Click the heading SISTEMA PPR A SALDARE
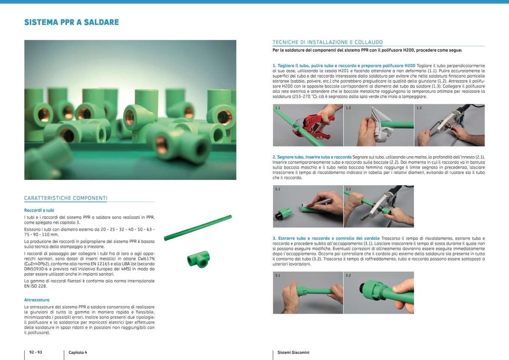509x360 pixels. coord(72,22)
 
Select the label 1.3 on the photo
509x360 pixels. coord(419,108)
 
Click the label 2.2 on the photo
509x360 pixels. coord(348,189)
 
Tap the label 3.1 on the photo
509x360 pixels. coord(278,276)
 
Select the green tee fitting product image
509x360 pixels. coord(198,259)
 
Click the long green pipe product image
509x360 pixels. coord(198,228)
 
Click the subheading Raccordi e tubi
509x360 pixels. coord(39,210)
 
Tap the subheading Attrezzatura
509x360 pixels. coord(37,300)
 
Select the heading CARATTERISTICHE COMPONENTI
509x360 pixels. coord(66,198)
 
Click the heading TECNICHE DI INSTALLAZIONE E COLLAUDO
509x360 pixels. coord(328,42)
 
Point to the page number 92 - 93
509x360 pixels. coord(36,352)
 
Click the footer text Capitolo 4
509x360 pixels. coord(78,352)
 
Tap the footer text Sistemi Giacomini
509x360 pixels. coord(294,352)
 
